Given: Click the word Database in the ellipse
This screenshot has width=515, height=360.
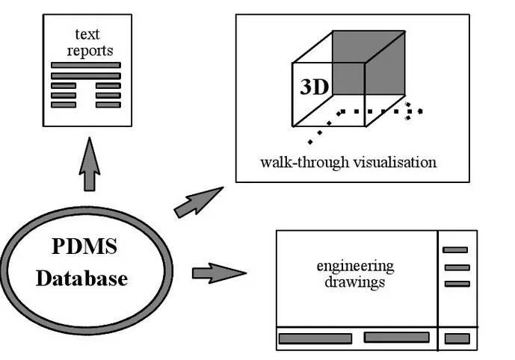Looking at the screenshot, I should click(x=82, y=279).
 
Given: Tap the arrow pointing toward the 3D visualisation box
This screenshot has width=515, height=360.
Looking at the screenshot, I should click(x=197, y=202).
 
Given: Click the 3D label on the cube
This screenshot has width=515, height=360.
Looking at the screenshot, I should click(x=314, y=87).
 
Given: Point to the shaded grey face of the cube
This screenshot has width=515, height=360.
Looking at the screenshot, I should click(x=368, y=63).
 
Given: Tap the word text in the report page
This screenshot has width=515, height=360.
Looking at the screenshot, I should click(x=87, y=34).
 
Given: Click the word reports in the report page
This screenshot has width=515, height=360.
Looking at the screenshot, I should click(x=90, y=51).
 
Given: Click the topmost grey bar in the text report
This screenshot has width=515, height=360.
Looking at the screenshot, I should click(x=85, y=66).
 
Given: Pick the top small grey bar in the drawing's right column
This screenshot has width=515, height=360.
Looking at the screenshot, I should click(x=456, y=250).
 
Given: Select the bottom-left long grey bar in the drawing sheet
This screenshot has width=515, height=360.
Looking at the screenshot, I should click(x=315, y=338).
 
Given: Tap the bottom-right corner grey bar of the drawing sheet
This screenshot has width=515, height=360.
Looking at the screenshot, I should click(x=457, y=338).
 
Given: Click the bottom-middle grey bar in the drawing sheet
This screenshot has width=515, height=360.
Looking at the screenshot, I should click(x=396, y=338).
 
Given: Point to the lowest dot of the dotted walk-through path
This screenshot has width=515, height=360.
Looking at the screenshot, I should click(x=309, y=142).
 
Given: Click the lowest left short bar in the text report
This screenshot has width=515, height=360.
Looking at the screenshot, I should click(x=64, y=105).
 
